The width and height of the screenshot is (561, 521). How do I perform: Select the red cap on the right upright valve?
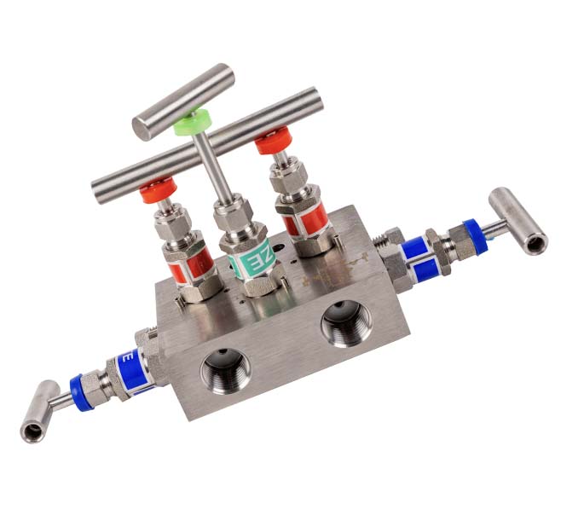click(272, 139)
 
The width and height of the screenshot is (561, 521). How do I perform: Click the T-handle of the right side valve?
click(518, 220)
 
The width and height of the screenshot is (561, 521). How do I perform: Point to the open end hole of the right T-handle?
click(536, 246)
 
